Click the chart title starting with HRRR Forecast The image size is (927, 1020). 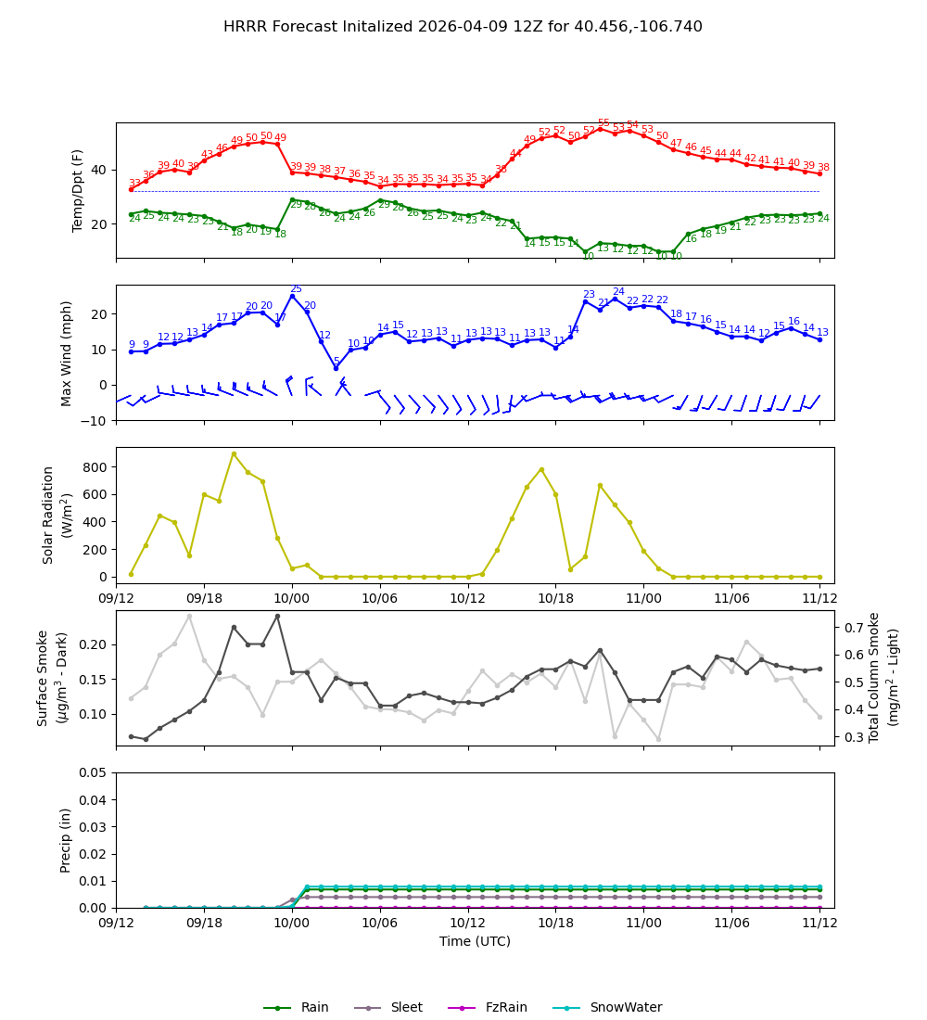tap(463, 27)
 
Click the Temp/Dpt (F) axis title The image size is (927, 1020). tap(79, 190)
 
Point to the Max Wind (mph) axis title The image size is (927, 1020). tap(67, 352)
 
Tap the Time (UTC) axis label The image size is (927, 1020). tap(475, 941)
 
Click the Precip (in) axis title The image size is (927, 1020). tap(67, 840)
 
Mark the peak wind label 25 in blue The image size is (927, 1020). tap(296, 289)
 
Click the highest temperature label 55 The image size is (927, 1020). tap(603, 123)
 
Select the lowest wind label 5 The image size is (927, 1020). tap(337, 362)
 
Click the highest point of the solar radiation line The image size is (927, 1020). tap(234, 454)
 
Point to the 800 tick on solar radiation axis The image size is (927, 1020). tap(95, 466)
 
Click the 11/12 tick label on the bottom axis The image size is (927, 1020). tap(819, 924)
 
